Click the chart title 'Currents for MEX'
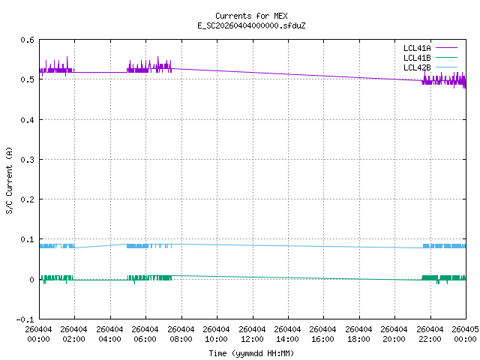[x=250, y=16]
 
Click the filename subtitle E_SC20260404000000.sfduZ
[x=250, y=25]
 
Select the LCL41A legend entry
[x=417, y=48]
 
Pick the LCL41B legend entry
[x=417, y=58]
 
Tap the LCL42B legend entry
[x=417, y=67]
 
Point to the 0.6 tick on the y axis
[x=27, y=40]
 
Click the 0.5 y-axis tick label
[x=27, y=79]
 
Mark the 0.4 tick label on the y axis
[x=27, y=120]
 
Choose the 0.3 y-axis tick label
[x=27, y=160]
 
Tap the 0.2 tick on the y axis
[x=27, y=199]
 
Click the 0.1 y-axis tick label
[x=27, y=240]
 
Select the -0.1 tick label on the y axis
[x=25, y=319]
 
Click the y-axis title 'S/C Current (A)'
[x=9, y=180]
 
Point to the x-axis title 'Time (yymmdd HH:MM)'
[x=250, y=353]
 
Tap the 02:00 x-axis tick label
[x=74, y=334]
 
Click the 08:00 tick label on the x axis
[x=181, y=334]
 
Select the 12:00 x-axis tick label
[x=252, y=334]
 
